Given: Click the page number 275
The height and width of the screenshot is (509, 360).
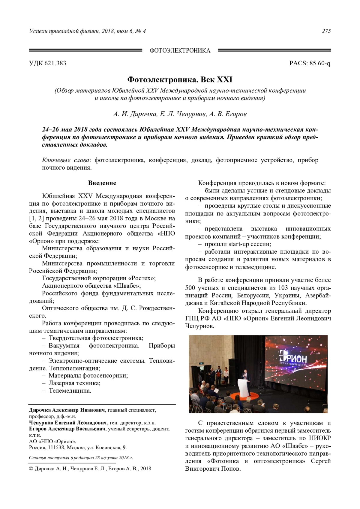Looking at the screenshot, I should [326, 31].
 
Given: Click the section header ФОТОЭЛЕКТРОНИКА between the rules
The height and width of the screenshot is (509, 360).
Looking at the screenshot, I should [180, 50].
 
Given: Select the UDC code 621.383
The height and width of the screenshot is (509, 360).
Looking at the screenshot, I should [55, 63].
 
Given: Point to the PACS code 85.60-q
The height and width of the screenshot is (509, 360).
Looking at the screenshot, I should [319, 63].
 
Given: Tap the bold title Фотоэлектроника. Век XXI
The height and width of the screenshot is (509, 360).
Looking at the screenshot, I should [180, 80].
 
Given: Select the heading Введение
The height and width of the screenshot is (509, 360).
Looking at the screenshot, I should [102, 183].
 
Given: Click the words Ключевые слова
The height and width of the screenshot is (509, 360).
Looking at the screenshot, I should [66, 160].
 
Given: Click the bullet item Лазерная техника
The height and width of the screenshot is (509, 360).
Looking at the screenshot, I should [74, 383].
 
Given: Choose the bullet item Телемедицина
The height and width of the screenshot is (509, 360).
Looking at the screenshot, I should [70, 391].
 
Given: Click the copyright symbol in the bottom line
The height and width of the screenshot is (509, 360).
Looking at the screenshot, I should [31, 469].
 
